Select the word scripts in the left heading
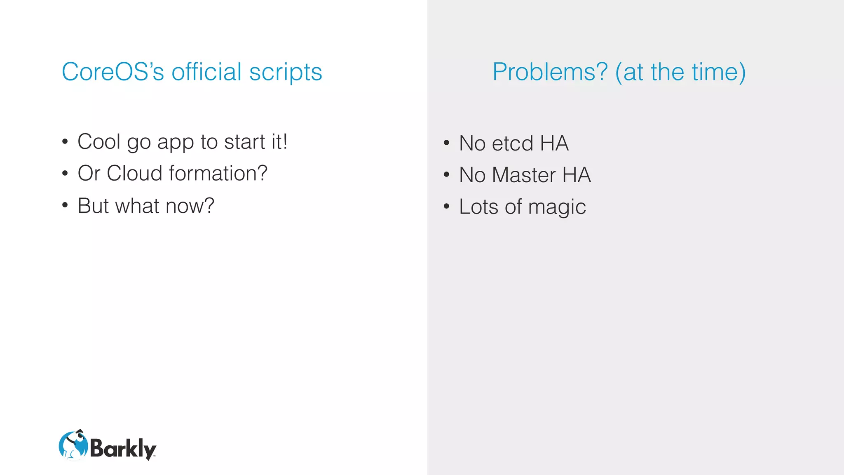(286, 73)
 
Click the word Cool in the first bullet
(99, 142)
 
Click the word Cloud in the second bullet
(134, 173)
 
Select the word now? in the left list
(190, 205)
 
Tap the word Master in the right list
(523, 175)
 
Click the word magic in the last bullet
(557, 207)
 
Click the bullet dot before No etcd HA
(446, 143)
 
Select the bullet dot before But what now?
(65, 205)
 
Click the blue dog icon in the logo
(73, 445)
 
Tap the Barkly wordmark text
(123, 448)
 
